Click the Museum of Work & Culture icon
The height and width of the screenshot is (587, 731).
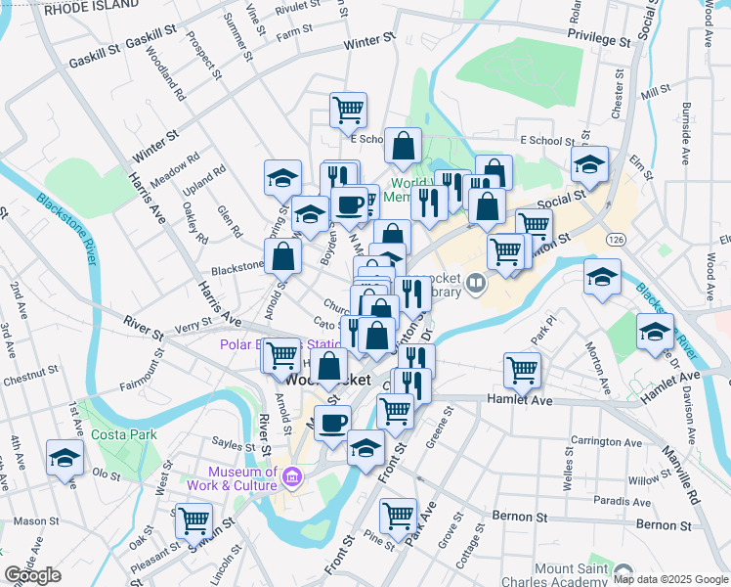click(x=291, y=478)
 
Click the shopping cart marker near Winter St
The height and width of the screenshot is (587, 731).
click(x=348, y=111)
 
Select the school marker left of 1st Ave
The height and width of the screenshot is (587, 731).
click(x=65, y=458)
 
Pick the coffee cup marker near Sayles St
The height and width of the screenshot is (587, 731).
click(x=332, y=424)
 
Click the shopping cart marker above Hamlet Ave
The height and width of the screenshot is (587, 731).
click(x=523, y=371)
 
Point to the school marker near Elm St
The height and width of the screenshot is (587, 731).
click(x=590, y=165)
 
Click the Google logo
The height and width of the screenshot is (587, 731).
click(x=33, y=575)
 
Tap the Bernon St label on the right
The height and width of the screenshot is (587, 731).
click(x=664, y=525)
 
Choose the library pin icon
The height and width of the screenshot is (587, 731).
click(x=476, y=283)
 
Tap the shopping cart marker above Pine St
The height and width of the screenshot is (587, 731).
click(x=398, y=516)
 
